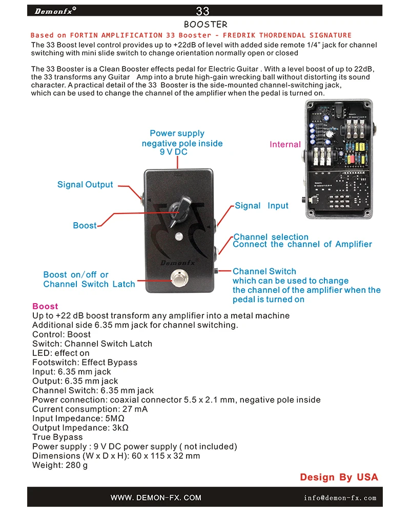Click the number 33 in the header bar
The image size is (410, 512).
click(x=202, y=11)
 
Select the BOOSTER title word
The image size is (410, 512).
click(x=205, y=24)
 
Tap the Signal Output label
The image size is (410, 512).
click(x=85, y=185)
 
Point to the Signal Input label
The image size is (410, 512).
click(x=261, y=206)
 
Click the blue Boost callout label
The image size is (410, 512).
click(x=85, y=226)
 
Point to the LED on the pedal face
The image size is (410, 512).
click(x=179, y=237)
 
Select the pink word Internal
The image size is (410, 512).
click(x=285, y=145)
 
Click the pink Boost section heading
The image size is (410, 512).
click(x=45, y=306)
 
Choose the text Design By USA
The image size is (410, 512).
click(x=339, y=477)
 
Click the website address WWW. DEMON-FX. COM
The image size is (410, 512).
click(x=156, y=498)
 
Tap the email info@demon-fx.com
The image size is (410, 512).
click(x=340, y=498)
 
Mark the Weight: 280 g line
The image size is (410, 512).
click(x=60, y=465)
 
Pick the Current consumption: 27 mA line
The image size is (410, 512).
click(x=90, y=409)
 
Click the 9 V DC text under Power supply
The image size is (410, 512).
click(x=174, y=152)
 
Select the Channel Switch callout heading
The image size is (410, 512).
click(x=264, y=271)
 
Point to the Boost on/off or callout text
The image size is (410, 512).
click(x=76, y=275)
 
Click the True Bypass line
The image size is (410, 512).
click(x=57, y=437)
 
